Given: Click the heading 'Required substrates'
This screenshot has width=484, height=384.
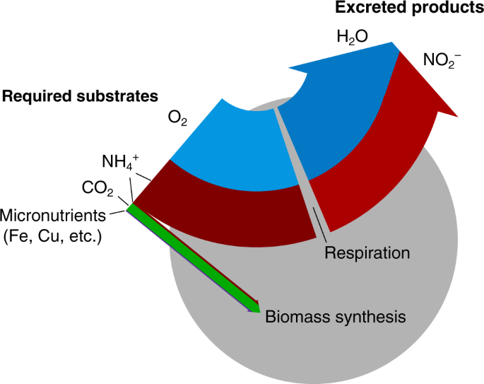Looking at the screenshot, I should tap(80, 95).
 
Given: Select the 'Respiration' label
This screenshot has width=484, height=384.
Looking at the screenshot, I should tap(367, 252).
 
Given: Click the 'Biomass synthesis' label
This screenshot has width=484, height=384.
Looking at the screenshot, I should tap(335, 316).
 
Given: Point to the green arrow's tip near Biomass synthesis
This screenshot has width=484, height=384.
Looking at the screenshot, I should tap(256, 310).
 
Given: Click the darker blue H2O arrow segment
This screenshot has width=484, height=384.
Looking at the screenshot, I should tap(332, 113).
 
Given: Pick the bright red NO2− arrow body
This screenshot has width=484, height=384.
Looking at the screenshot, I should tap(367, 177).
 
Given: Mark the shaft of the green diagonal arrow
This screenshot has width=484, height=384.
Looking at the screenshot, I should tap(191, 258).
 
